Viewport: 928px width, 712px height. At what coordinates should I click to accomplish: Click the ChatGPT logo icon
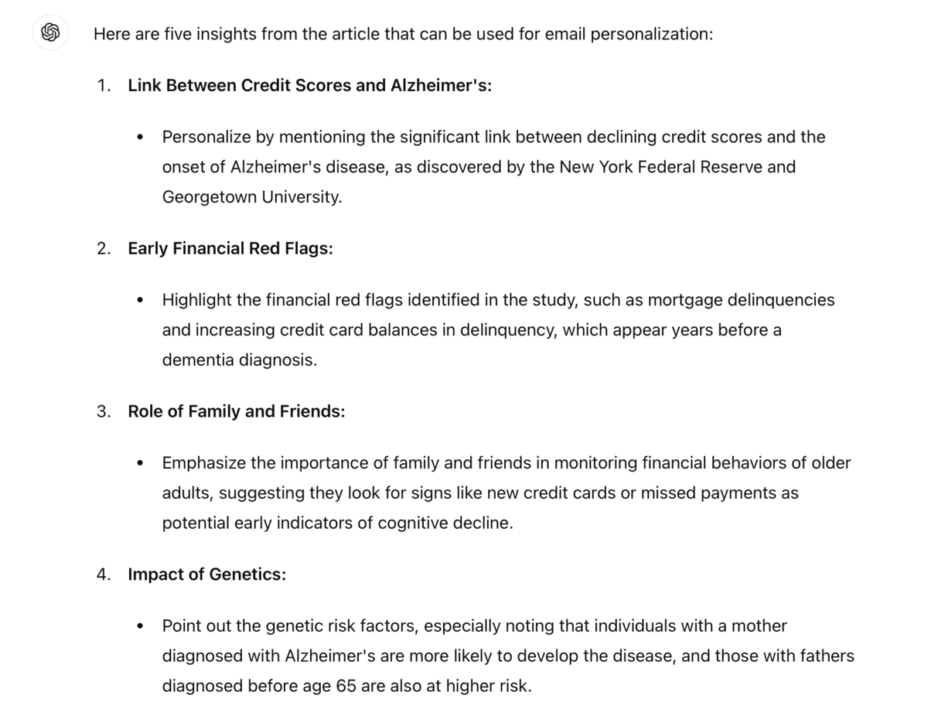click(50, 33)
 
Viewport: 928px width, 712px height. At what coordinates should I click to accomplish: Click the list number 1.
click(104, 85)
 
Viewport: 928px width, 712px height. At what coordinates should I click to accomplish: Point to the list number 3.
click(104, 411)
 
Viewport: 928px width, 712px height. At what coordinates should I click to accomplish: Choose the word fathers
click(821, 656)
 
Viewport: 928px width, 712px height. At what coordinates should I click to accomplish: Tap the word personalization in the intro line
click(651, 35)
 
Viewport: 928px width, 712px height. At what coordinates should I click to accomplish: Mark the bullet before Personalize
click(140, 138)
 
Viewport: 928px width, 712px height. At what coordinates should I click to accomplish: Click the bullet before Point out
click(140, 626)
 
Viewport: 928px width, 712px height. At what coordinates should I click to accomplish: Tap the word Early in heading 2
click(147, 248)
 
